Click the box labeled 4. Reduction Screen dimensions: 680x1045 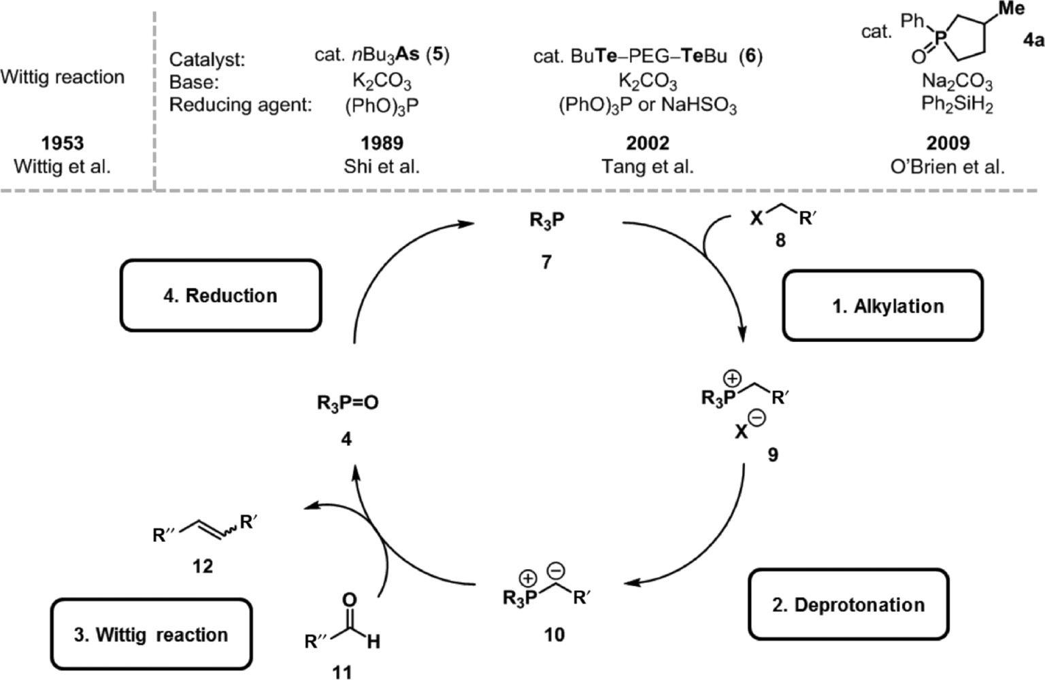[220, 295]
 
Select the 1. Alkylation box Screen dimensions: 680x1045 [882, 306]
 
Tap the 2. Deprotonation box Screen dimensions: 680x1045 [848, 605]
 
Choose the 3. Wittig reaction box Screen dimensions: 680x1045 [151, 634]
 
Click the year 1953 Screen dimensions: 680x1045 [62, 143]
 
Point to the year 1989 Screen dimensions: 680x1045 [382, 143]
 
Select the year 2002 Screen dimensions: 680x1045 [648, 143]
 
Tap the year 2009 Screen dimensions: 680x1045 [948, 143]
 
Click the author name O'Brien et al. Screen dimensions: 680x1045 [947, 167]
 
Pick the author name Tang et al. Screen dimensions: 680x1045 [648, 167]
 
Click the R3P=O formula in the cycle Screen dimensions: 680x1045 [348, 403]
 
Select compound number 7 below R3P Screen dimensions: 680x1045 [546, 262]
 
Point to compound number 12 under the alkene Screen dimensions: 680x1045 [202, 566]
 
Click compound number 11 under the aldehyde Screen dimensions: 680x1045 [342, 672]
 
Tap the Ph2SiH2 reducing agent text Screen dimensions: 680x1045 [957, 105]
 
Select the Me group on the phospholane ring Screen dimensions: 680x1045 [1011, 8]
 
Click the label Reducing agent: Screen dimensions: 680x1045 [240, 105]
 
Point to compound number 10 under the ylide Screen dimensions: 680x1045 [554, 634]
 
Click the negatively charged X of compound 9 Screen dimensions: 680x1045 [742, 431]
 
